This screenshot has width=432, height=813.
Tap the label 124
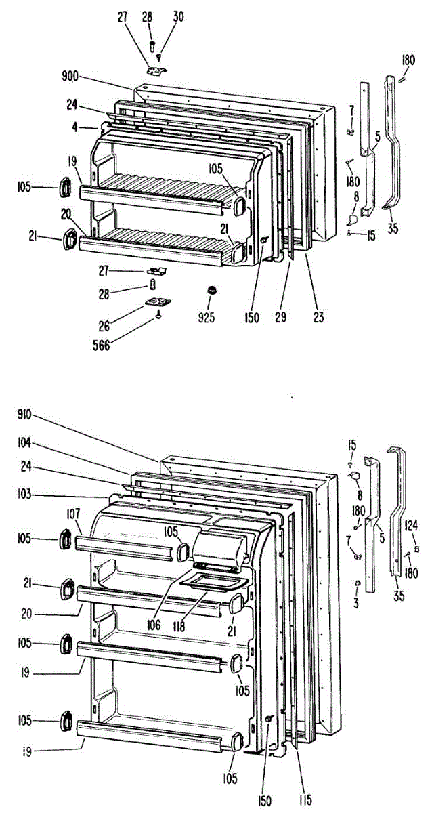click(x=412, y=524)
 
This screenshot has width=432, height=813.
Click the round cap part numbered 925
click(x=213, y=291)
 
